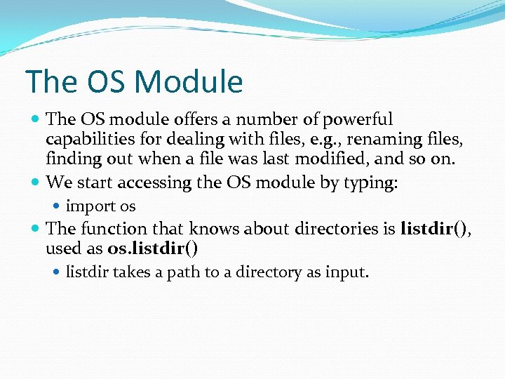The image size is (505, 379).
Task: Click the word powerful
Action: click(358, 119)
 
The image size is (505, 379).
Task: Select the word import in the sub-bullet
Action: click(90, 206)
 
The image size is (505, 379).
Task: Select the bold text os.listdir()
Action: click(152, 248)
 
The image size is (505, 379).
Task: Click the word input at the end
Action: click(346, 272)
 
